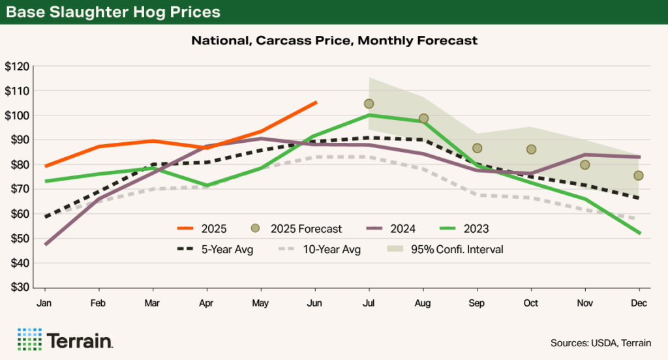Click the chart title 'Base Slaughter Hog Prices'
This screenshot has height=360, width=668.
tap(114, 12)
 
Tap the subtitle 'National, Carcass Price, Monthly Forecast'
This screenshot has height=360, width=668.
tap(334, 40)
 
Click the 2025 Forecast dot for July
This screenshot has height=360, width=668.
tap(369, 104)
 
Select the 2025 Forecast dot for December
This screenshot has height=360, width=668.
tap(639, 175)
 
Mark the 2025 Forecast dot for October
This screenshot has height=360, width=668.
tap(531, 149)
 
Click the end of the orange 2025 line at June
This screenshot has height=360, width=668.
tap(316, 102)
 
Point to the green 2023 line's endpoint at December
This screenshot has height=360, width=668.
tap(639, 233)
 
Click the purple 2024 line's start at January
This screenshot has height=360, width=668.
tap(45, 245)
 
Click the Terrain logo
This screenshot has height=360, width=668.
tap(65, 340)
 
